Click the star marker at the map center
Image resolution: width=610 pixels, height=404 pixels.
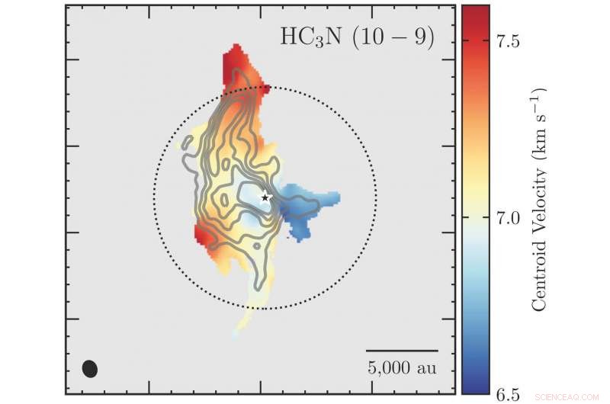click(265, 197)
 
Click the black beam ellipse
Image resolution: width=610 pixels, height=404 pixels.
click(90, 368)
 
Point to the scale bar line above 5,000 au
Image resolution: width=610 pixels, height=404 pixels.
click(402, 351)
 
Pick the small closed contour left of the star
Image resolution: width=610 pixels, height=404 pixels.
click(222, 200)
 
